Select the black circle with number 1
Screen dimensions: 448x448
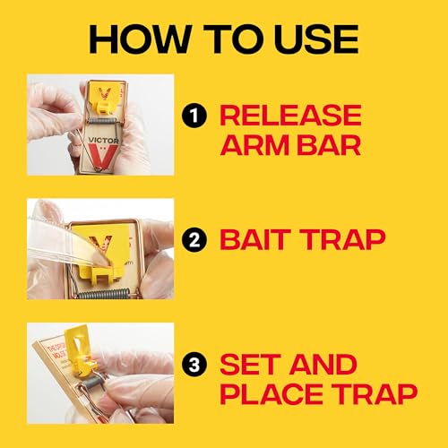(202, 114)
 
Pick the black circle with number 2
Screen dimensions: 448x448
(202, 239)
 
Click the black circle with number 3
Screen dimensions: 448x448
(202, 365)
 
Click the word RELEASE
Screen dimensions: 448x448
(291, 115)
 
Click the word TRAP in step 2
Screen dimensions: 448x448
(346, 239)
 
